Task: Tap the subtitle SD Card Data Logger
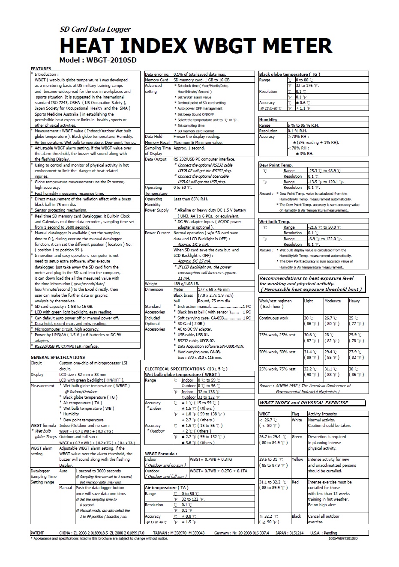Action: (x=95, y=29)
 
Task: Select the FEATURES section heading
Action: (x=41, y=69)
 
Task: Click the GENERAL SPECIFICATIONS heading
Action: (x=58, y=357)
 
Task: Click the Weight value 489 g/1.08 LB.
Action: (x=186, y=283)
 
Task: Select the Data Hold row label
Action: (x=153, y=137)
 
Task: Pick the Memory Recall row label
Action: (x=157, y=142)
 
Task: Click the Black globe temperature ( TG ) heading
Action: (x=289, y=74)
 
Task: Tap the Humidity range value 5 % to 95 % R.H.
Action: (x=303, y=125)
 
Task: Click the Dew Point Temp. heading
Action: (x=276, y=165)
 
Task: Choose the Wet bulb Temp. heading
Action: (x=274, y=221)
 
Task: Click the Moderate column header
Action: (x=333, y=301)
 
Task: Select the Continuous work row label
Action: (x=273, y=318)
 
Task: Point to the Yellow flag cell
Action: (x=297, y=459)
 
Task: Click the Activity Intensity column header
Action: (x=322, y=414)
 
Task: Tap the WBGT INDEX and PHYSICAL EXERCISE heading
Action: (x=304, y=403)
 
